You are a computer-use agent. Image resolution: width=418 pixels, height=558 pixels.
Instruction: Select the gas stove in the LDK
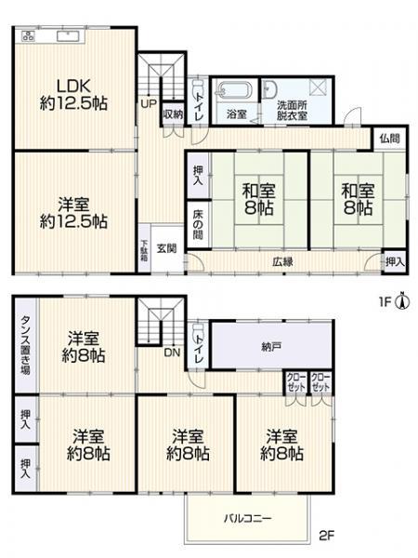coord(28,35)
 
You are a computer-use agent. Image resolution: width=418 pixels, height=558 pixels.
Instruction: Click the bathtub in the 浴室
coord(234,89)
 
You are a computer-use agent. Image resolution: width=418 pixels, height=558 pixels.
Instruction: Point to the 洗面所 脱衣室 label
coord(293,111)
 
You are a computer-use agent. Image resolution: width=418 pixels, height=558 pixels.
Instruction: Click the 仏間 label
coord(389,139)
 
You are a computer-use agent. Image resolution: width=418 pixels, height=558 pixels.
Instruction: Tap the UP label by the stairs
coord(149,103)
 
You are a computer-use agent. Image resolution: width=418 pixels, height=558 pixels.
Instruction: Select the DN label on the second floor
coord(172,352)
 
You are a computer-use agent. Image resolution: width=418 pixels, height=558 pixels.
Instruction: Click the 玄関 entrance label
coord(166,248)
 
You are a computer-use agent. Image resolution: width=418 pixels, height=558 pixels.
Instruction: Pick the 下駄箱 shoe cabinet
coord(144,248)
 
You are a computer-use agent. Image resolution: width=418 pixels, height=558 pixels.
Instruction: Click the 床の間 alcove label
coord(199,224)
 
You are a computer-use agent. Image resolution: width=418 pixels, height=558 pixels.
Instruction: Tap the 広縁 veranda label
coord(282,262)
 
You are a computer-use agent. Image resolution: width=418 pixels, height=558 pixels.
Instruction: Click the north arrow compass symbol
coord(402,300)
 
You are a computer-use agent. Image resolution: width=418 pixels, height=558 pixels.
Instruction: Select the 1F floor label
coord(385,302)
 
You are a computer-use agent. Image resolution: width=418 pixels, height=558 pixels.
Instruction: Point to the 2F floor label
coord(327,536)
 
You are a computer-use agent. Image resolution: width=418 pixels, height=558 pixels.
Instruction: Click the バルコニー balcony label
coord(247,518)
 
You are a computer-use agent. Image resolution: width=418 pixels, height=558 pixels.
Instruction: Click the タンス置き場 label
coord(25,345)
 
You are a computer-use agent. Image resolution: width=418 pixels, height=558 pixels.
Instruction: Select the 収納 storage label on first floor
coord(173,114)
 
